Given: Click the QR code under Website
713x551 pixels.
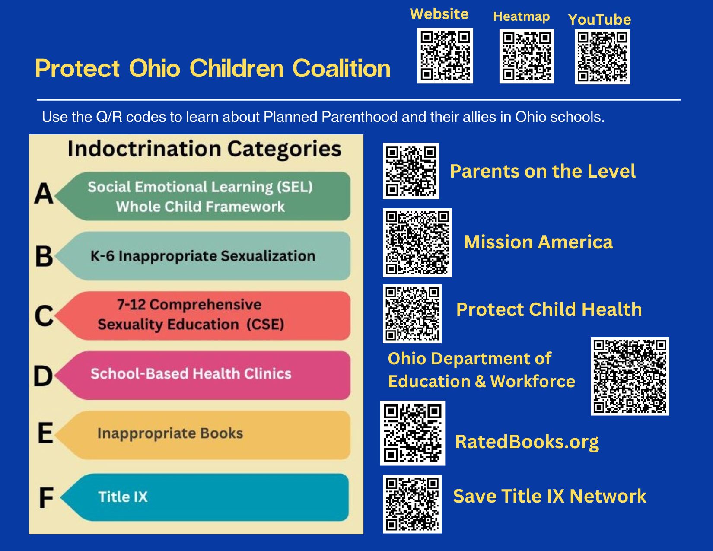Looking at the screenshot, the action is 445,55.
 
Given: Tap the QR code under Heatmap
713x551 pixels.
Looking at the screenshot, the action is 527,56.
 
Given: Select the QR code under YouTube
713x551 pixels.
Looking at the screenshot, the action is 602,57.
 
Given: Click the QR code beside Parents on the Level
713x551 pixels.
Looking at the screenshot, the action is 411,171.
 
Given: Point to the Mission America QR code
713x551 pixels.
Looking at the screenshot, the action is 417,243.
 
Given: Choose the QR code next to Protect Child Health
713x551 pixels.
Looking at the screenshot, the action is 412,314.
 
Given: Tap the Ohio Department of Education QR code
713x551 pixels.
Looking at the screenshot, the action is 630,376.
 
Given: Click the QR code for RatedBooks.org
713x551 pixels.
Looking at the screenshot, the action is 412,433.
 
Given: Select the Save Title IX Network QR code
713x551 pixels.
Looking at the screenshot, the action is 412,504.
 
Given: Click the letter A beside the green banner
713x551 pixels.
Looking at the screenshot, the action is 44,194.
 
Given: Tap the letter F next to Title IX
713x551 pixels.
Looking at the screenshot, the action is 46,497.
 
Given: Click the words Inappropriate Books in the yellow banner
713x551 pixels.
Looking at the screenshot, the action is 170,433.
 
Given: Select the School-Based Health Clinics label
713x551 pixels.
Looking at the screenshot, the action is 191,374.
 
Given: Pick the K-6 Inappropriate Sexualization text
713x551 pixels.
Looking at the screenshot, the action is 203,256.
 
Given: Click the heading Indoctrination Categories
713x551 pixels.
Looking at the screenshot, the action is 204,150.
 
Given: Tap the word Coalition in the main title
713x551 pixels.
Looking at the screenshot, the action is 341,68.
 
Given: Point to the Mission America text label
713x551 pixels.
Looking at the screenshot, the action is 538,242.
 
